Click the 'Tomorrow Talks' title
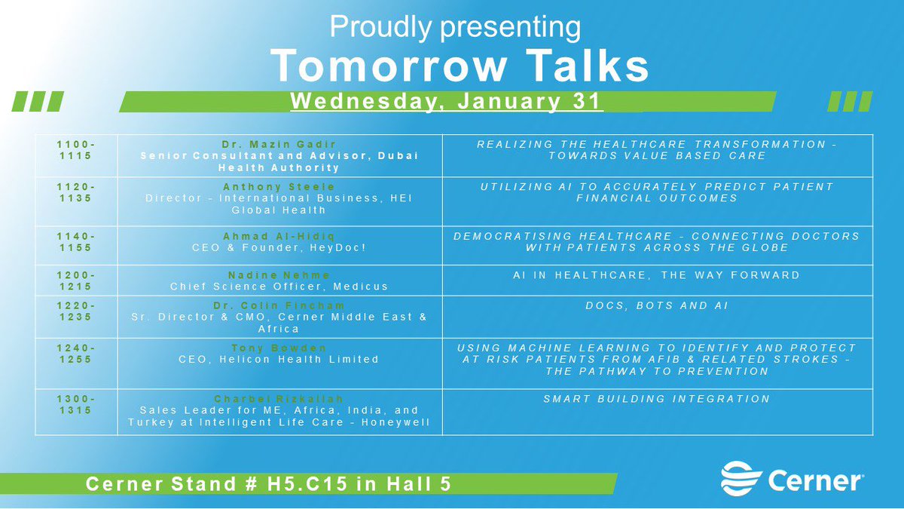460,66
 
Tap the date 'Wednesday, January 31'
447,102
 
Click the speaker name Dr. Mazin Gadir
279,143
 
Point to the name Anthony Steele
279,186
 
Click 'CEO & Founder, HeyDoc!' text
279,248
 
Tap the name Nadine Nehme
279,274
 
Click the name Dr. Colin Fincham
279,305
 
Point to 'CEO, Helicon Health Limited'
279,359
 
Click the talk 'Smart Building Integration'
657,398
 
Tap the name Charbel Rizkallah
279,398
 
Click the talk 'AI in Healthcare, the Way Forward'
657,275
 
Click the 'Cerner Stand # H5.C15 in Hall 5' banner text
269,483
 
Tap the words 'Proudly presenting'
455,28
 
